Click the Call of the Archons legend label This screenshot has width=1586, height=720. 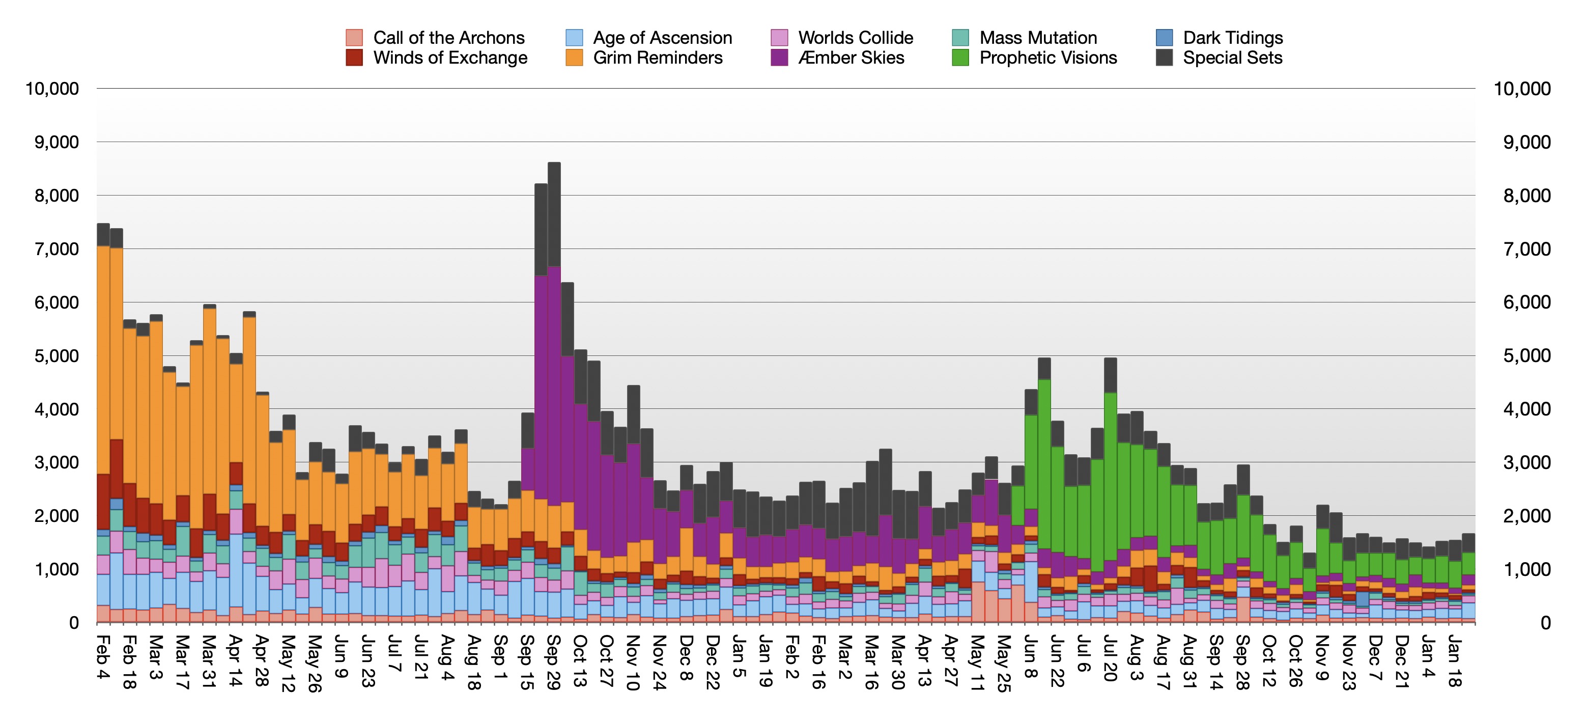click(x=448, y=38)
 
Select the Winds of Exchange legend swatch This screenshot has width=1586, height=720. click(x=354, y=58)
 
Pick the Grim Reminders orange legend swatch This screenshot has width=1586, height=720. click(x=574, y=58)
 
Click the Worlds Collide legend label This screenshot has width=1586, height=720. click(x=855, y=38)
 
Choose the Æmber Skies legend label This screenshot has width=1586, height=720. click(x=851, y=58)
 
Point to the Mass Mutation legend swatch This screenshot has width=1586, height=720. click(x=960, y=38)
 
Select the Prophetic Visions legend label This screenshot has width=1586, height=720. click(x=1048, y=58)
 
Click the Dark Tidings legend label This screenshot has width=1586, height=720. click(x=1233, y=38)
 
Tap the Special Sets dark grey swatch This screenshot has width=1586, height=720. click(x=1164, y=58)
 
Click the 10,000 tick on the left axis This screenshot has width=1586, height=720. click(x=52, y=89)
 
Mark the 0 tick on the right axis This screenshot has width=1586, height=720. click(x=1545, y=623)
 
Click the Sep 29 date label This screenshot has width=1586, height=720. click(x=553, y=662)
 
